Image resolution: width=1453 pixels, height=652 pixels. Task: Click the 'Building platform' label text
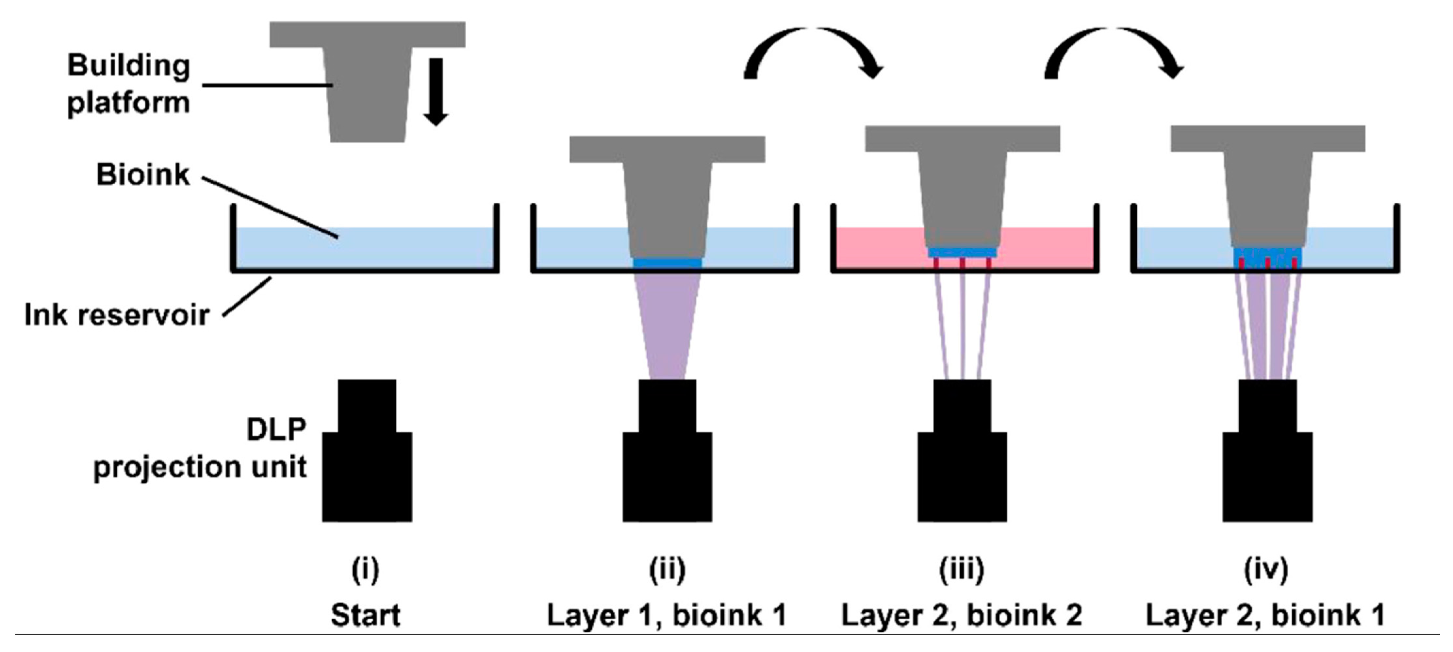(x=129, y=85)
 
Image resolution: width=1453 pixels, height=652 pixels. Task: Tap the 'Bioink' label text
(x=143, y=175)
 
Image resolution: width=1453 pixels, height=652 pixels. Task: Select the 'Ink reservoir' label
(x=117, y=315)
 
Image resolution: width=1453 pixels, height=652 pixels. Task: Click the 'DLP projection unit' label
(x=200, y=448)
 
